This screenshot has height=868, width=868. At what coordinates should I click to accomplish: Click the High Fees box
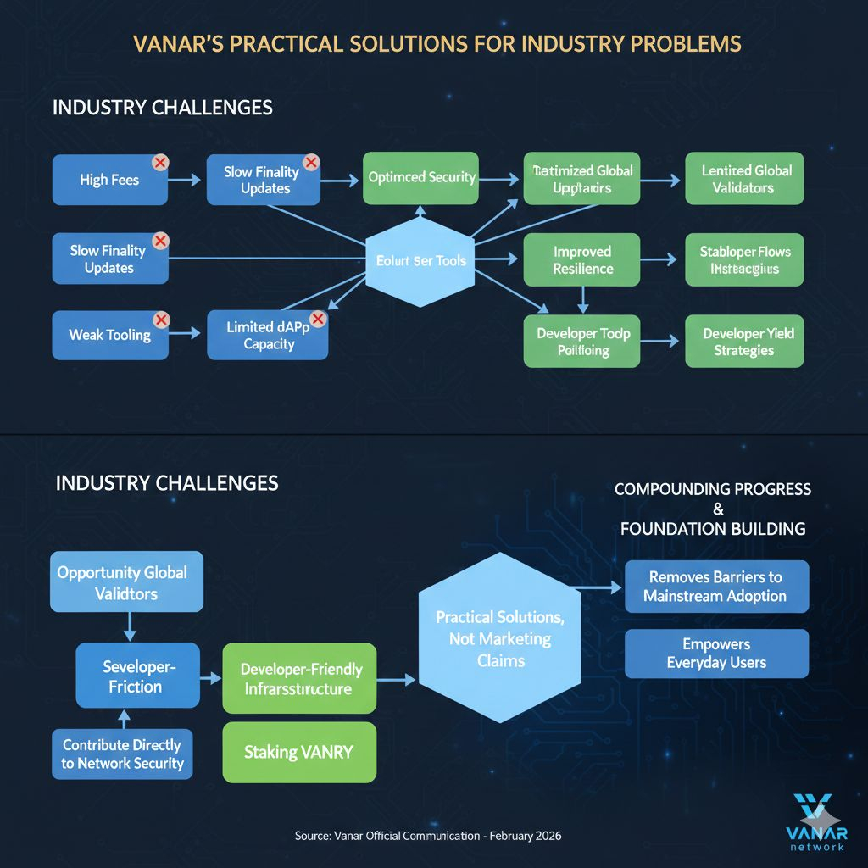pos(108,180)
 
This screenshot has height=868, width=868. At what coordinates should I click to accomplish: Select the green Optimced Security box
pos(421,178)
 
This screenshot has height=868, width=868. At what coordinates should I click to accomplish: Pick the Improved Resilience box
pos(582,260)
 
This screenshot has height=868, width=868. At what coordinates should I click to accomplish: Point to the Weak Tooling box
pos(109,335)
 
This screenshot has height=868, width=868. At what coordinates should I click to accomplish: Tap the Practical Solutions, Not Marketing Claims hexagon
pos(500,638)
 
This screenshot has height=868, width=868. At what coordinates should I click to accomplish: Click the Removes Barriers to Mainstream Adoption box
pos(716,586)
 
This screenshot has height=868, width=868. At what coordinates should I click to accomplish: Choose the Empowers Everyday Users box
pos(716,653)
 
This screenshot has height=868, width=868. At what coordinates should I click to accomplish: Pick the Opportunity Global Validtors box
pos(126,582)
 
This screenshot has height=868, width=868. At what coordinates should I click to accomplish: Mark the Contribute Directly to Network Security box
pos(121,754)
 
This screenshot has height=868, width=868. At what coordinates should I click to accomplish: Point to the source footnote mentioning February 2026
pos(427,836)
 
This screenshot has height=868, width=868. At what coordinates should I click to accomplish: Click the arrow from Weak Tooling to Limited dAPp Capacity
pos(186,336)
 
